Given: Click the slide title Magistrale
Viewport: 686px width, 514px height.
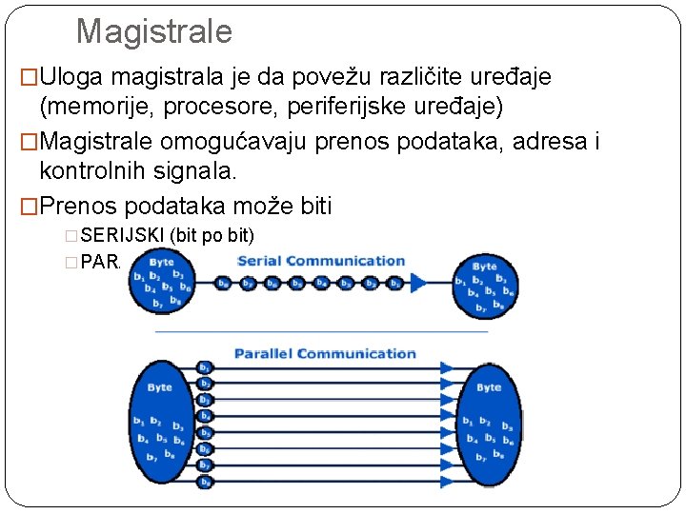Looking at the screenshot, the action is [153, 31].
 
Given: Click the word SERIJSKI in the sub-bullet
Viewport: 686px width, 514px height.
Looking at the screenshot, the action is [123, 234].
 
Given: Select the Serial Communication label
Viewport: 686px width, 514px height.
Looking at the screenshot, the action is [321, 260].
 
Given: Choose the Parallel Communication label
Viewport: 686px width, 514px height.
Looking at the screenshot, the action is [325, 353].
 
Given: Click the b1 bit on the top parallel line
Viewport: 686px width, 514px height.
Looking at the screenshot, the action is [205, 367].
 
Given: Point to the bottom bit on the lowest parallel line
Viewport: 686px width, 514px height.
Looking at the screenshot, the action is [205, 483].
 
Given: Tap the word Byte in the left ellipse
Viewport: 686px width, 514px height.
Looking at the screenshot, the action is [160, 387].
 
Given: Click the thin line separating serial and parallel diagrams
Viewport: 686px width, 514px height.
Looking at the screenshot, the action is [321, 331].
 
